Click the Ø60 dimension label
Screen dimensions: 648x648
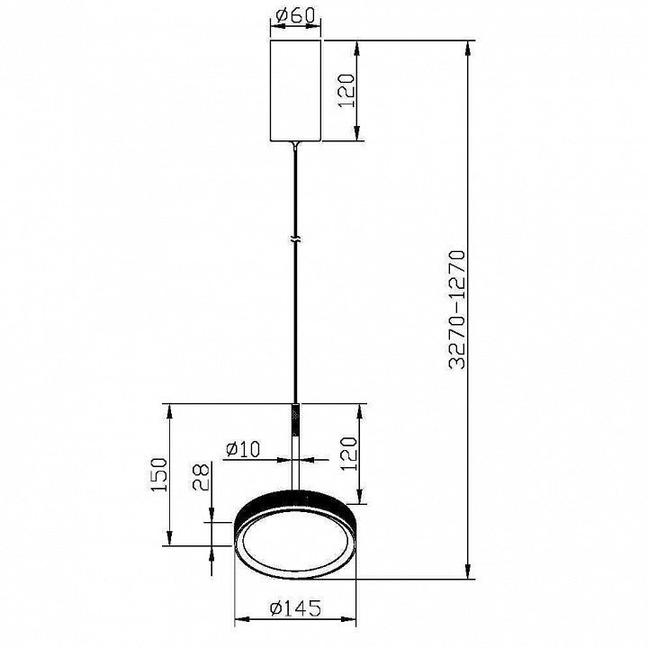click(295, 15)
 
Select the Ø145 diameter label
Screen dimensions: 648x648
click(295, 607)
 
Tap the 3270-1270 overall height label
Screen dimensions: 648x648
click(457, 309)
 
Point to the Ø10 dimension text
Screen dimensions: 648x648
click(243, 449)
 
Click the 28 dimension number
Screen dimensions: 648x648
click(202, 476)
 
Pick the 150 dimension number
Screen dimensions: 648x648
click(159, 474)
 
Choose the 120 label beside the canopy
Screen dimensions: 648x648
click(346, 91)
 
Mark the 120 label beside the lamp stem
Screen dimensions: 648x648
click(348, 454)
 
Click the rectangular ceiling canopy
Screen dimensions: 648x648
click(295, 91)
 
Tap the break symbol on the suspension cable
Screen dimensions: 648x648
click(295, 239)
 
